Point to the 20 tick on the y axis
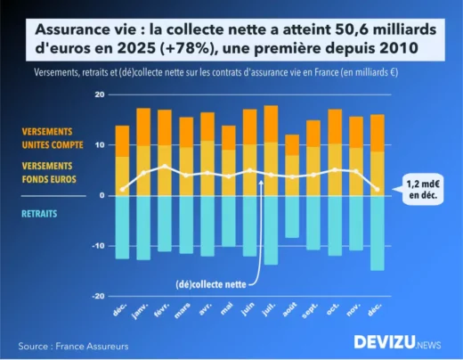(x=100, y=94)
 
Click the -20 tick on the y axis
(x=98, y=296)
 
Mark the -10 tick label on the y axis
(x=98, y=246)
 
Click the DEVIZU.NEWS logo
(x=397, y=341)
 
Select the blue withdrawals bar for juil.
(x=271, y=229)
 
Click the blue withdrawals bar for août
(x=292, y=216)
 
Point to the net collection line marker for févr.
(x=165, y=167)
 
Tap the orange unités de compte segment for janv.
(x=143, y=127)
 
